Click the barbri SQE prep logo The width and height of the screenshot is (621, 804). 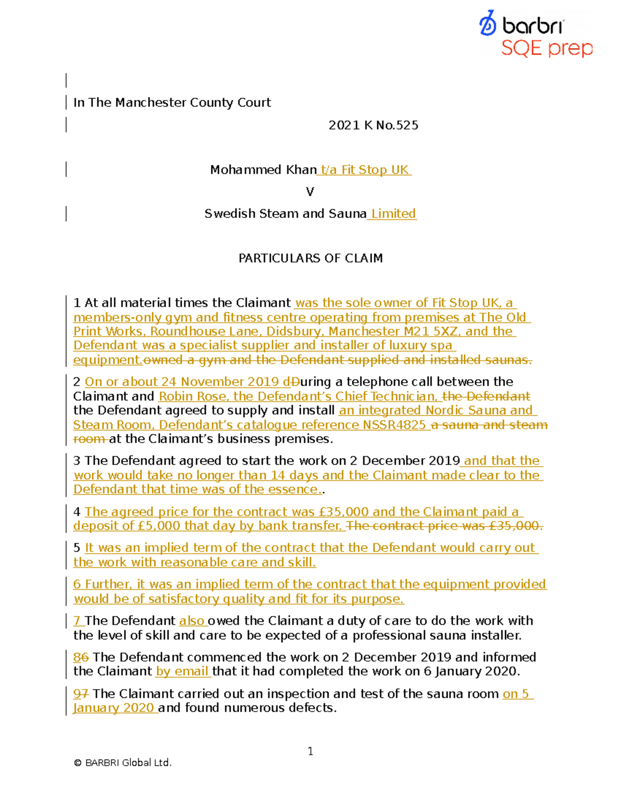[x=536, y=34]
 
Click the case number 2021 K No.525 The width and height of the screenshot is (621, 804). [x=373, y=125]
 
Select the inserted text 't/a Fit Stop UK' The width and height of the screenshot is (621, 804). [x=365, y=170]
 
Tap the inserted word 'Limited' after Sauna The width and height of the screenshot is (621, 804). [x=393, y=214]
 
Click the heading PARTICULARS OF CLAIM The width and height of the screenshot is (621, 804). [x=310, y=258]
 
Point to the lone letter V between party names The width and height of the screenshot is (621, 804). [x=310, y=192]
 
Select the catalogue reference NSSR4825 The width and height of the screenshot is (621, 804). [x=394, y=425]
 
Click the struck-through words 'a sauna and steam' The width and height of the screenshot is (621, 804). [x=490, y=425]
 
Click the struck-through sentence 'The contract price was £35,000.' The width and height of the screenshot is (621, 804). [x=445, y=526]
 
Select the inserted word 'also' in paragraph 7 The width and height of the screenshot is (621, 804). [x=191, y=621]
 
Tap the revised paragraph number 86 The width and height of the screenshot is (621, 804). [x=81, y=657]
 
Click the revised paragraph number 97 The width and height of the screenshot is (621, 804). [x=81, y=694]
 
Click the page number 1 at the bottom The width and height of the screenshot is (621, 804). [x=310, y=751]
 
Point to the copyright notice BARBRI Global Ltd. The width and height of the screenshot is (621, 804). [x=123, y=763]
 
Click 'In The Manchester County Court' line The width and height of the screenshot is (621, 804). [x=172, y=103]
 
